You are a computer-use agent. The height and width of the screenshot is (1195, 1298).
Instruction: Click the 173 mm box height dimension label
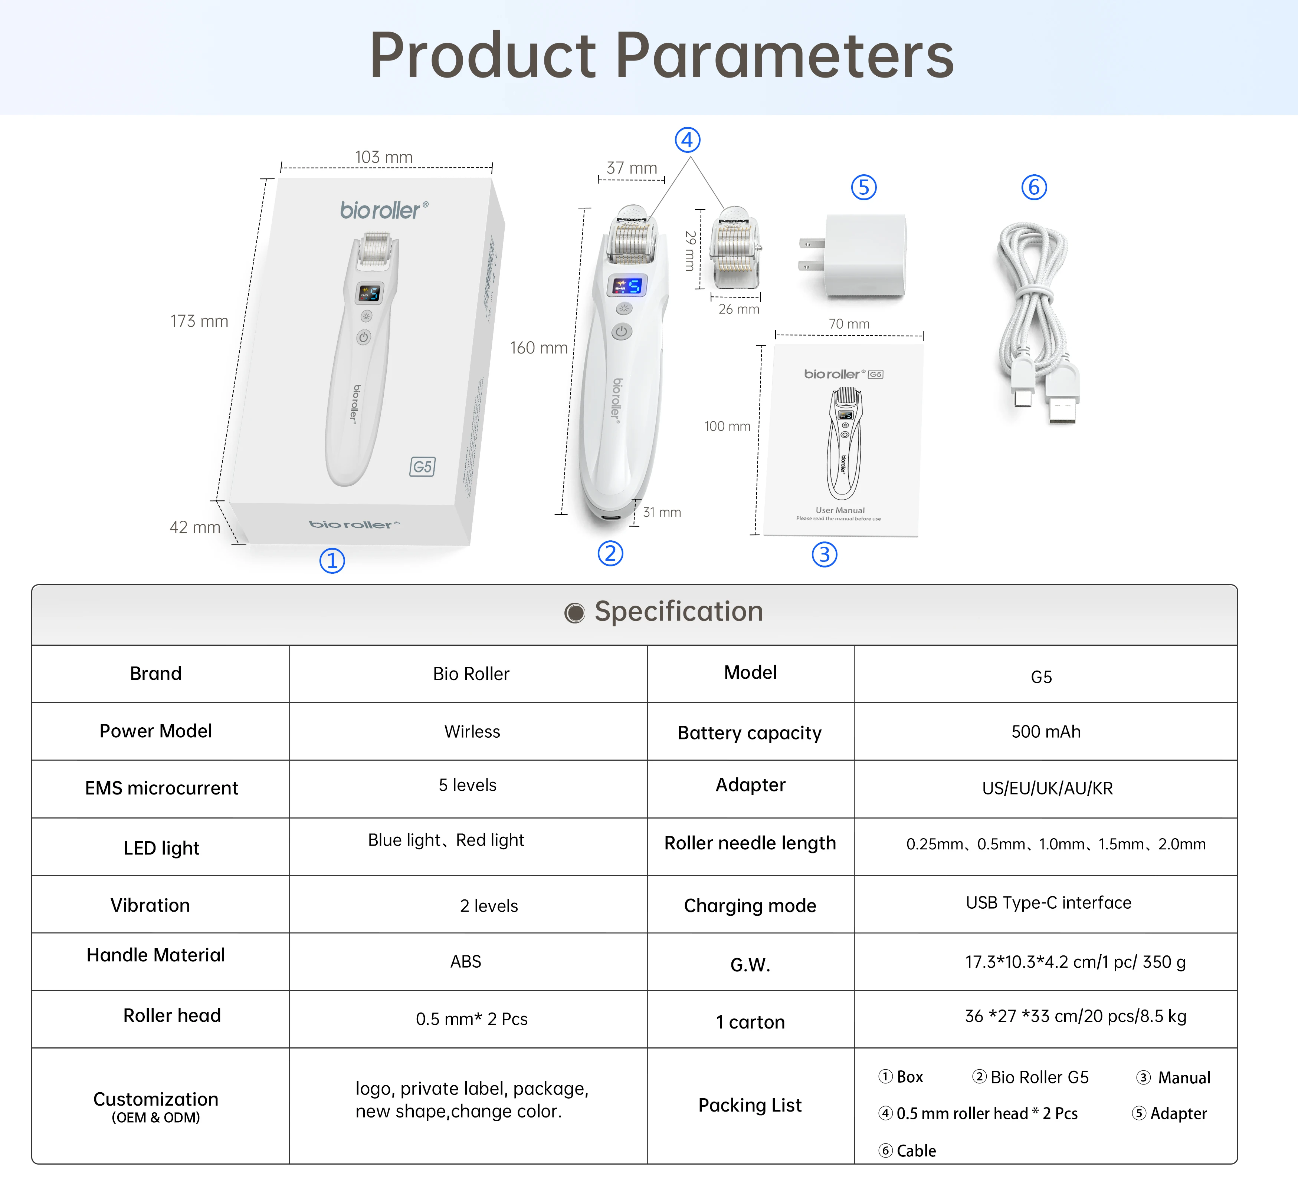pos(199,322)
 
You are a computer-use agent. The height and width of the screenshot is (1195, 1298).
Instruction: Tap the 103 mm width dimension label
pos(384,157)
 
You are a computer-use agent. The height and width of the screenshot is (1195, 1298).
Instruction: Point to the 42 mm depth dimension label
pos(195,528)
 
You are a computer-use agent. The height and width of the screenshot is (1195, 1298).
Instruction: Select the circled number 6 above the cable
pos(1034,188)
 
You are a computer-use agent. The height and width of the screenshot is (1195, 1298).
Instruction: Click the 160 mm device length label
pos(538,348)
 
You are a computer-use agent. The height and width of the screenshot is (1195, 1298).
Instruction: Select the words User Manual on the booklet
pos(840,510)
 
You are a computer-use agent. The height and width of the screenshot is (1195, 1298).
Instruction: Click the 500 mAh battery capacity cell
pos(1046,731)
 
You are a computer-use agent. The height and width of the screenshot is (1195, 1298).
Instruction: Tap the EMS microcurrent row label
pos(162,788)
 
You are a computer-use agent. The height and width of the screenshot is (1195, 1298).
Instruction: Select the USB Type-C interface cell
pos(1048,903)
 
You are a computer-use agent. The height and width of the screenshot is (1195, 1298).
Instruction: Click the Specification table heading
pos(678,612)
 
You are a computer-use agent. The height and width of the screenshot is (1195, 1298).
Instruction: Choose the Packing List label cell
pos(750,1105)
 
